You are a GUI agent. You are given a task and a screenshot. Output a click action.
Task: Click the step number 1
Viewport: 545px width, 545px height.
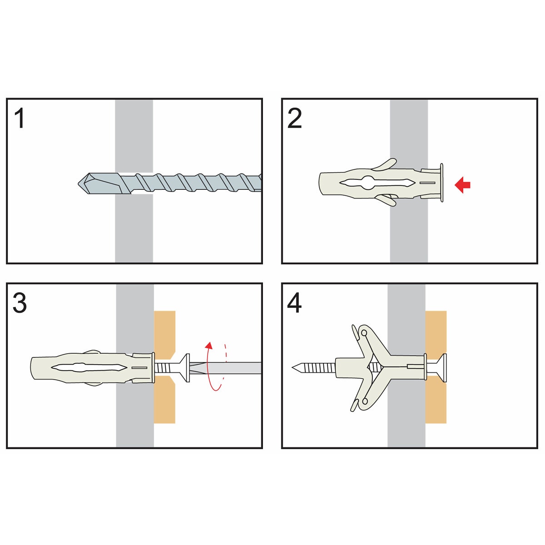(x=20, y=119)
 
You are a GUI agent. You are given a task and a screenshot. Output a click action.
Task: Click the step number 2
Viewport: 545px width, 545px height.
(x=294, y=119)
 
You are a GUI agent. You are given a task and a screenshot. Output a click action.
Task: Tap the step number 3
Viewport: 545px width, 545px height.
(x=20, y=303)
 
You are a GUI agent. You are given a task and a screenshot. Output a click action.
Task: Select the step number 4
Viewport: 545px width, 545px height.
(x=294, y=303)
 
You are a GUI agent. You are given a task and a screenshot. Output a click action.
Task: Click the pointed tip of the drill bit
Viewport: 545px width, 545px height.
(x=79, y=184)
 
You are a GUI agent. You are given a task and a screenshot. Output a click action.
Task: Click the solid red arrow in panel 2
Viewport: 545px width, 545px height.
(x=462, y=185)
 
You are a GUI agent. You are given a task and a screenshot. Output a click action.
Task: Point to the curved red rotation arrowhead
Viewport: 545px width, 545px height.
(x=209, y=345)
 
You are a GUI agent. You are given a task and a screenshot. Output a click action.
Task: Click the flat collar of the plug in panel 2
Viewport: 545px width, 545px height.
(x=441, y=183)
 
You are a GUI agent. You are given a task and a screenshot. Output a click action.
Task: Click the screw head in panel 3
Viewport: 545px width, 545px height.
(x=187, y=367)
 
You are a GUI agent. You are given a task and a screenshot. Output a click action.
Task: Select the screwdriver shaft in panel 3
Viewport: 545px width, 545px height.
(x=225, y=368)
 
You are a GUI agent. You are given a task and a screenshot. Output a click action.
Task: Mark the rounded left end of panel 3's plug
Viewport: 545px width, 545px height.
(x=32, y=368)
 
